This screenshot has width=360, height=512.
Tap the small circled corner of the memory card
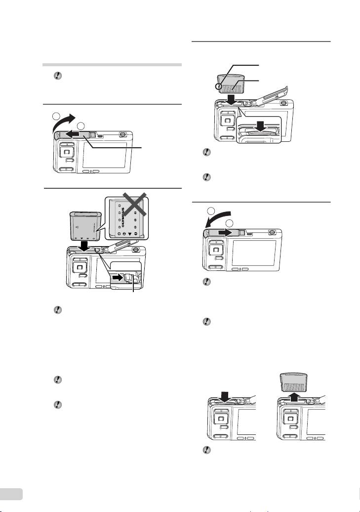(x=217, y=87)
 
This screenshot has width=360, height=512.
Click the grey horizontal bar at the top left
(x=113, y=64)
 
